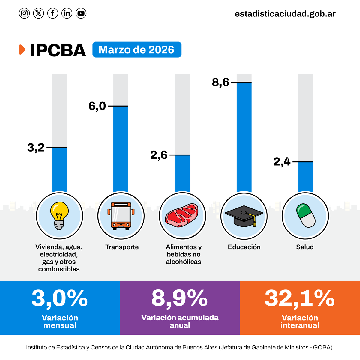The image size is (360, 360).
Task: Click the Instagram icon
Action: click(x=24, y=13)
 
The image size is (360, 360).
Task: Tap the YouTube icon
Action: click(x=81, y=13)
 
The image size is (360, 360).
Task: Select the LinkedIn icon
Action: click(x=67, y=13)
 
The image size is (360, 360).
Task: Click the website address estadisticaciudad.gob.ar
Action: click(x=285, y=14)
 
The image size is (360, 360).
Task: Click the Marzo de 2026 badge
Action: click(x=137, y=49)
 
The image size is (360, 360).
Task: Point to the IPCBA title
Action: click(x=58, y=50)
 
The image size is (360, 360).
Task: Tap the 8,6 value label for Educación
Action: click(x=220, y=82)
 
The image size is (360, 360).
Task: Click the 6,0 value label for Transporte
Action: click(x=97, y=106)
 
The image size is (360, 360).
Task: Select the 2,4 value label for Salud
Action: click(x=282, y=162)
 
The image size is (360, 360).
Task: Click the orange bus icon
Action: click(x=121, y=216)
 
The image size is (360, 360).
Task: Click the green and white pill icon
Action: click(x=306, y=215)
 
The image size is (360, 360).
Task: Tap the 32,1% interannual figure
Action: click(x=299, y=298)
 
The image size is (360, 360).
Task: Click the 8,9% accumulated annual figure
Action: click(x=179, y=298)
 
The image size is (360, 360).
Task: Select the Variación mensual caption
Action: click(x=60, y=322)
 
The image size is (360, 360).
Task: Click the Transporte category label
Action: click(x=122, y=247)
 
